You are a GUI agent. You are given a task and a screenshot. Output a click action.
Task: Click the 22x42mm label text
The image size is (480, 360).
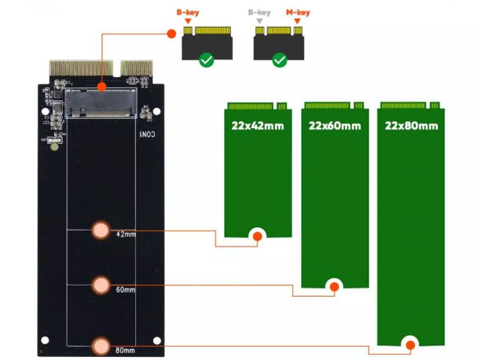[x=258, y=125]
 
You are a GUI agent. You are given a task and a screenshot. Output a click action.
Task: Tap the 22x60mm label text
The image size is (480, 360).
[x=334, y=125]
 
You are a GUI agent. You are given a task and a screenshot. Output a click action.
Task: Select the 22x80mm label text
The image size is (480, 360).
[x=411, y=125]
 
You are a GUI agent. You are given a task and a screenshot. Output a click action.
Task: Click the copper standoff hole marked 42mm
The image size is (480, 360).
[x=100, y=230]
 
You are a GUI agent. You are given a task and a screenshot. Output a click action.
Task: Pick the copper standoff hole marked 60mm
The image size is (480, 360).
[x=100, y=285]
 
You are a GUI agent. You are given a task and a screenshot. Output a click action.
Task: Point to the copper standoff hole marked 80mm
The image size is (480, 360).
[x=100, y=346]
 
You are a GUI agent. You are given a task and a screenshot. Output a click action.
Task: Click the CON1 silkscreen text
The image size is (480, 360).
[x=147, y=134]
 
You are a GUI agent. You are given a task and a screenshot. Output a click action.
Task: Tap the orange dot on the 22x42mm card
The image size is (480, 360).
[x=257, y=236]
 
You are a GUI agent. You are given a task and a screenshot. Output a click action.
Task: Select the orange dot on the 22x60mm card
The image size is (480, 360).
[x=334, y=287]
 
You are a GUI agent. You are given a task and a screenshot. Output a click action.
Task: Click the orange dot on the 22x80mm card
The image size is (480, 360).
[x=410, y=345]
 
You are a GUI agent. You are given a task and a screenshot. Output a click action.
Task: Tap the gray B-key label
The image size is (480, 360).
[x=259, y=12]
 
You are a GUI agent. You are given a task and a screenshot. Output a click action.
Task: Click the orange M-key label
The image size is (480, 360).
[x=298, y=12]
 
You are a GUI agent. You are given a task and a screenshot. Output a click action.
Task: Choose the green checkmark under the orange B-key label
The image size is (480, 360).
[x=206, y=60]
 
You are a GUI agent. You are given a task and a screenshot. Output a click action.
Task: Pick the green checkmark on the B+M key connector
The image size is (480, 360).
[x=279, y=60]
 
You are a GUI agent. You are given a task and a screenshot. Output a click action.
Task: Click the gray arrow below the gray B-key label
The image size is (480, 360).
[x=259, y=21]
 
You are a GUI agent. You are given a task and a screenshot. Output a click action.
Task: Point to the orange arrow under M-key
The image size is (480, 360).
[x=297, y=21]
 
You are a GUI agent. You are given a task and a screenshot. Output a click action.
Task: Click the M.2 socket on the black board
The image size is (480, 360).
[x=101, y=103]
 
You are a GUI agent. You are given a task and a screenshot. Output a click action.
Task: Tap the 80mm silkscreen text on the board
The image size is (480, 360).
[x=125, y=350]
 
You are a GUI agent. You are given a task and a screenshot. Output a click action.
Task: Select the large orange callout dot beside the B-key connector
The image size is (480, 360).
[x=171, y=34]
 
